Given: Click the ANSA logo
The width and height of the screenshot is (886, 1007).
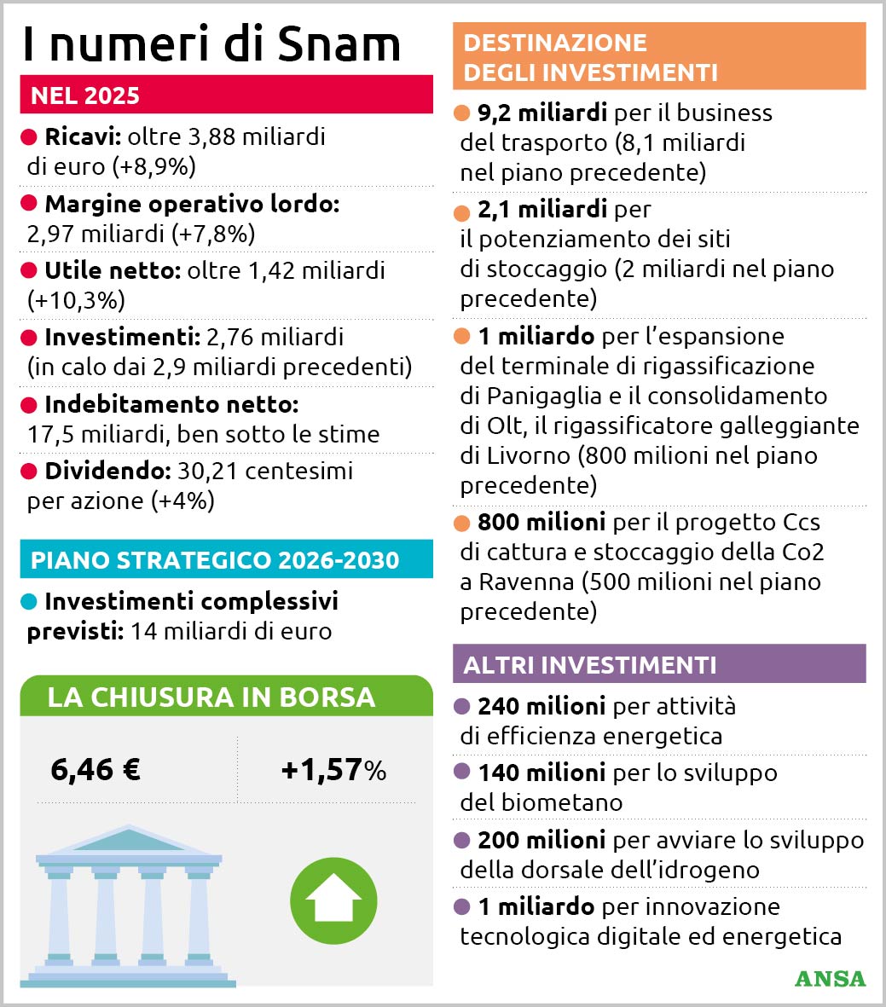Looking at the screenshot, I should tap(829, 978).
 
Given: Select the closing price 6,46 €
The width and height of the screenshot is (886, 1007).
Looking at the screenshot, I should tap(96, 770).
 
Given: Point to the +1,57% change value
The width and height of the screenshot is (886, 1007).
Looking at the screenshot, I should tap(333, 770).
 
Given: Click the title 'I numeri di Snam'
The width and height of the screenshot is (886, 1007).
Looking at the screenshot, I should tap(211, 43).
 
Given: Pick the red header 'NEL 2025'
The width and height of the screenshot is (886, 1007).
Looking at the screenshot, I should tap(85, 95).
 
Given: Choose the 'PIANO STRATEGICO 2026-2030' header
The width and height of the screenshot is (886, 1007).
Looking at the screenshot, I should tap(215, 560).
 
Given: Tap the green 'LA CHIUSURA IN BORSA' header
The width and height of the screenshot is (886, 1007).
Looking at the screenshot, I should tap(211, 697).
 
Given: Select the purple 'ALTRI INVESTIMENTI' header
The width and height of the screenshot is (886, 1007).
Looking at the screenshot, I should tap(590, 664).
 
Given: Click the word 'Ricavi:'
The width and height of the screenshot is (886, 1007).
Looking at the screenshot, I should tap(83, 136).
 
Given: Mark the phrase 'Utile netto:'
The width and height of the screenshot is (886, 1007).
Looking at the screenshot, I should tap(112, 270).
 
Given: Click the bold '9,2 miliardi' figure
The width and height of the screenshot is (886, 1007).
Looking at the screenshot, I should tap(542, 113).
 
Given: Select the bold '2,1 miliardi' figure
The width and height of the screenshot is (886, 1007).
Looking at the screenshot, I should tap(542, 209).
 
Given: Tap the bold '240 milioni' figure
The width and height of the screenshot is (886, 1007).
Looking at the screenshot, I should tap(541, 706).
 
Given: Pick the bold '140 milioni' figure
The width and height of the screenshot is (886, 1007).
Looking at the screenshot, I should tap(541, 773).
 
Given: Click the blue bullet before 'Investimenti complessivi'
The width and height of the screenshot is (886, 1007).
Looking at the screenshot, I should tap(29, 602).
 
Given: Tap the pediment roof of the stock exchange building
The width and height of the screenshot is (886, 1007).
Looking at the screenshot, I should tap(128, 839).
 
